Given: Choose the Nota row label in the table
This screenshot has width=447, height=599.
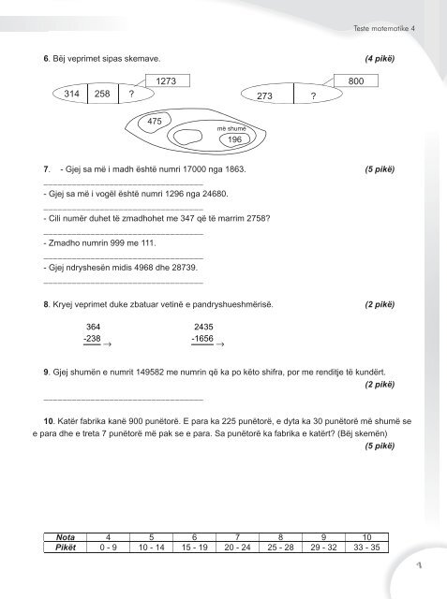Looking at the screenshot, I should (x=67, y=537).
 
